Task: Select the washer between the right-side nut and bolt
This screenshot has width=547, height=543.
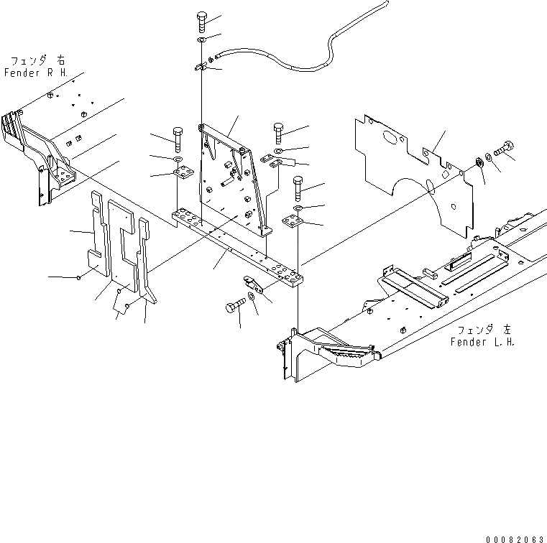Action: point(489,157)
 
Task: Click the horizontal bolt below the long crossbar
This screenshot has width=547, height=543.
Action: point(234,307)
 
